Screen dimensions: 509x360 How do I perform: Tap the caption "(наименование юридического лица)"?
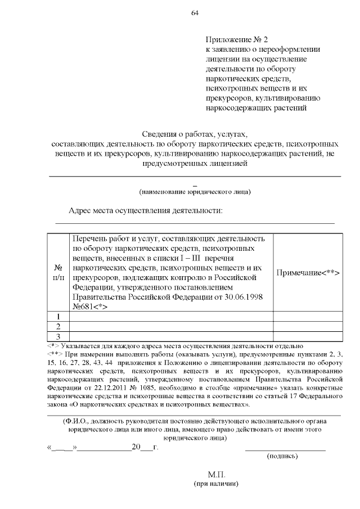pos(195,192)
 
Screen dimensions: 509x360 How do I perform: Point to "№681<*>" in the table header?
pos(90,307)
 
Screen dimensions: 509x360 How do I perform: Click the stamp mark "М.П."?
pos(217,475)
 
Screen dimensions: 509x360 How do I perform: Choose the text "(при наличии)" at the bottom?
pos(217,484)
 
